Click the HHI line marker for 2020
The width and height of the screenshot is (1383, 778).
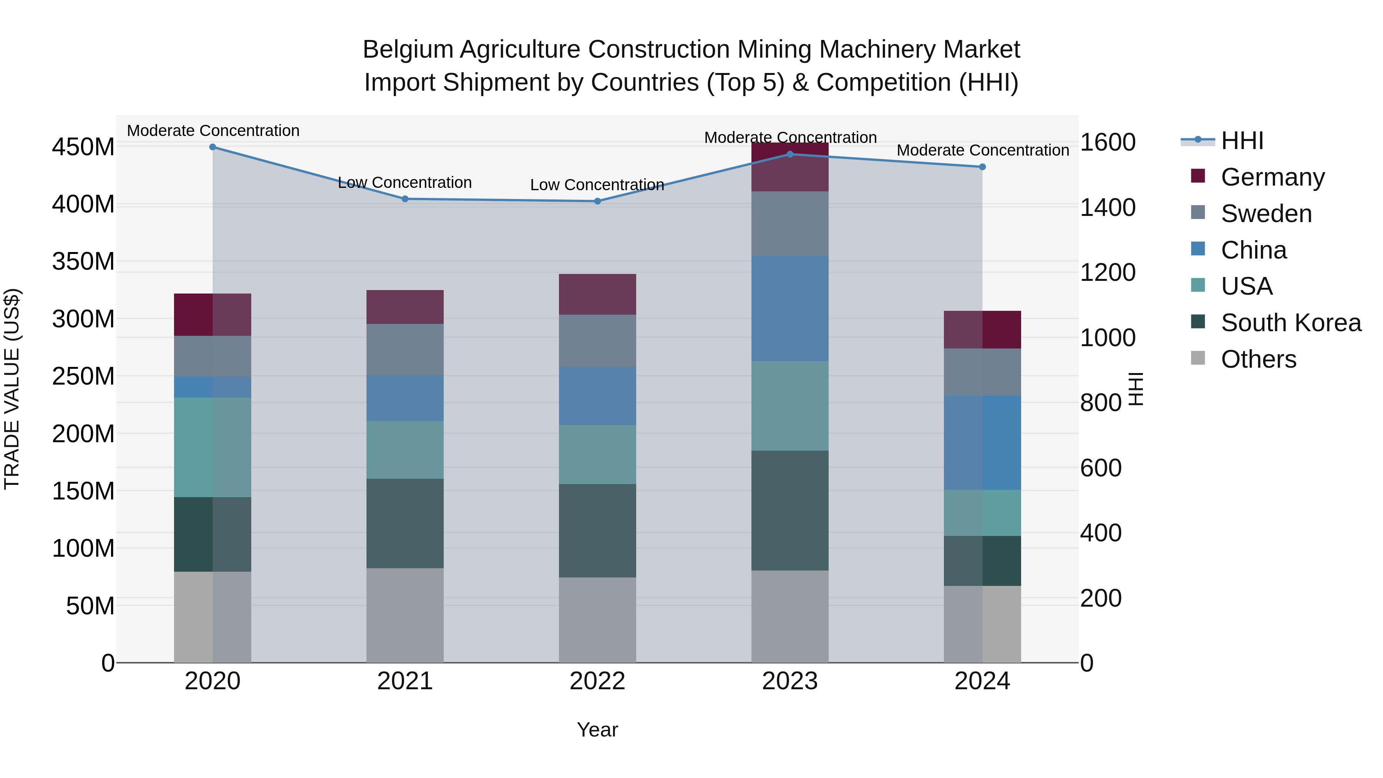212,147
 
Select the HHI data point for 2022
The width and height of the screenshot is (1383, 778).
597,201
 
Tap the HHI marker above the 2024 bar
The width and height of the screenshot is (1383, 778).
982,167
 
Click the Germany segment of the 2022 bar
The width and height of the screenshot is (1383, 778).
597,294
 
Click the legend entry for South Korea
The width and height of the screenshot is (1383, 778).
1291,323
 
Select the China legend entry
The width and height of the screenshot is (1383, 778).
1254,250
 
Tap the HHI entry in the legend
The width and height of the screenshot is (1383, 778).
1242,141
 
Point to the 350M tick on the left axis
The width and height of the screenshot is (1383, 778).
83,262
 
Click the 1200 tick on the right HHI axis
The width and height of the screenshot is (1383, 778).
1108,273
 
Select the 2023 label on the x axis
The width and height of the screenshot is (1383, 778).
790,681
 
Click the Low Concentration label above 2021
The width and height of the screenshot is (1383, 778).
405,182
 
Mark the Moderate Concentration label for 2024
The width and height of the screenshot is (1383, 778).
982,150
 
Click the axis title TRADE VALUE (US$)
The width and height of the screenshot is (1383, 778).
12,389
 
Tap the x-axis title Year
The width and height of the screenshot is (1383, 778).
597,730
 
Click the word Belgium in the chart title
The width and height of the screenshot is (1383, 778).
408,50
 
